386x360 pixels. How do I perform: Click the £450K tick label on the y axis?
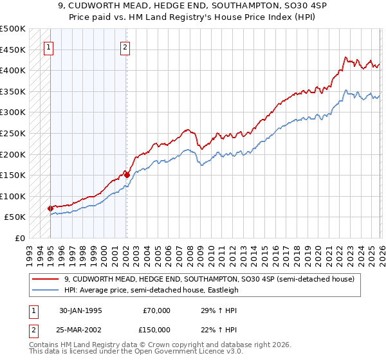(13, 50)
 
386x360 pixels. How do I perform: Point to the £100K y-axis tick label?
(13, 196)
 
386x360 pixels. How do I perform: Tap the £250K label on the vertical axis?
(13, 133)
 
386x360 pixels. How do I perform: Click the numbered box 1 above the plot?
(50, 46)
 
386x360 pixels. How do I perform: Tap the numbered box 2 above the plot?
(125, 46)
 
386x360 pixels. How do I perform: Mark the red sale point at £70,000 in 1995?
(50, 208)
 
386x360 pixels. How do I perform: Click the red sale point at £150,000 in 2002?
(127, 174)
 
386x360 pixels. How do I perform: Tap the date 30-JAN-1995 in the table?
(80, 310)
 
